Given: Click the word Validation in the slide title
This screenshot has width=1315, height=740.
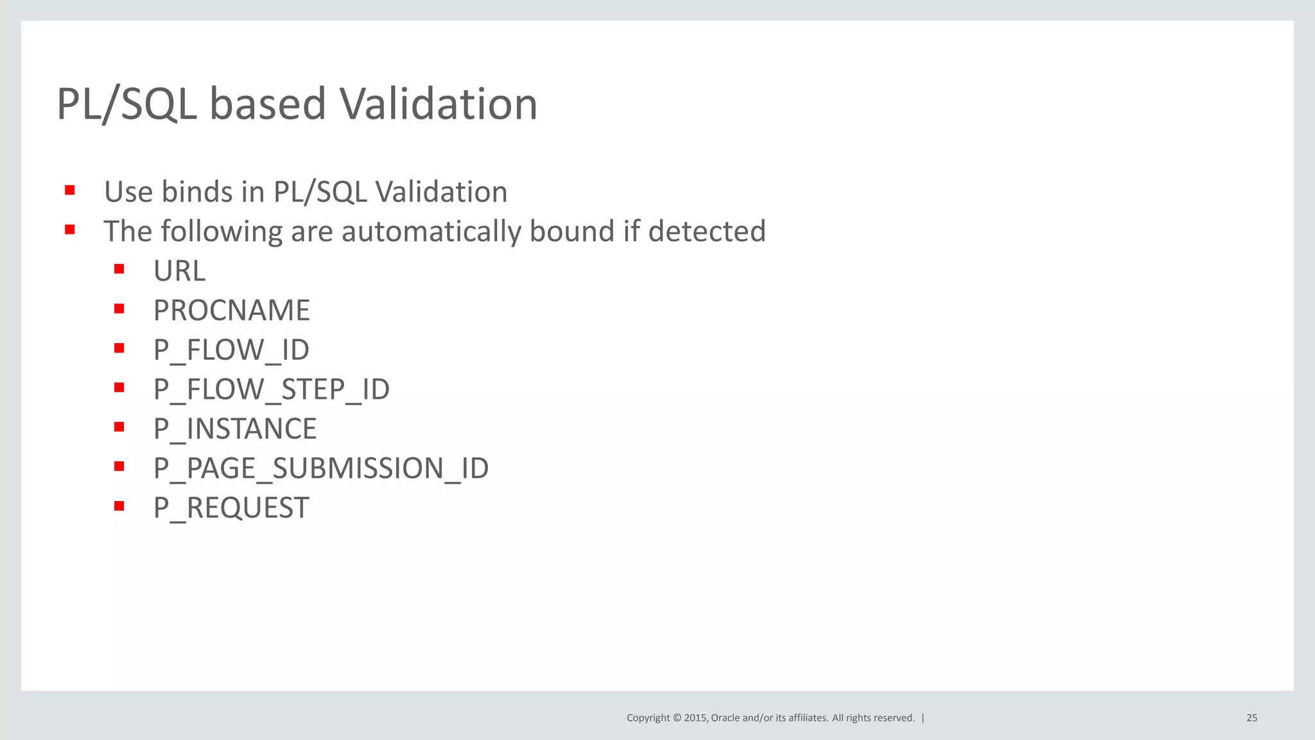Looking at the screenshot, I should pyautogui.click(x=438, y=104).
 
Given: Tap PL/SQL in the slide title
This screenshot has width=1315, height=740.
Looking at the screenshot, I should pyautogui.click(x=126, y=104).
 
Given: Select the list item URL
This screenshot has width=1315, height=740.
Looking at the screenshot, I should pyautogui.click(x=179, y=271).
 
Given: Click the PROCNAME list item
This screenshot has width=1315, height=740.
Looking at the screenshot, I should pyautogui.click(x=231, y=311).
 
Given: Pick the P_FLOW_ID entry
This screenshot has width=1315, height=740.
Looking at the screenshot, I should pyautogui.click(x=231, y=350).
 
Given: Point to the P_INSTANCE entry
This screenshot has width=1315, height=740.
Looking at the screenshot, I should pyautogui.click(x=234, y=429).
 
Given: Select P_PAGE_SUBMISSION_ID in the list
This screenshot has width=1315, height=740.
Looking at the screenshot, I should pyautogui.click(x=320, y=468).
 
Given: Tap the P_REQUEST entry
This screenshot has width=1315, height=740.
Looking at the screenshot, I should pyautogui.click(x=231, y=508).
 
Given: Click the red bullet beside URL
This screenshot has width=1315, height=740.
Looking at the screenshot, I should pyautogui.click(x=119, y=269).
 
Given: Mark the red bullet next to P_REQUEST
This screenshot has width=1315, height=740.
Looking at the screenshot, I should pyautogui.click(x=119, y=506).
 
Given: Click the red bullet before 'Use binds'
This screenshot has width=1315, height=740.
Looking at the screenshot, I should pyautogui.click(x=70, y=190).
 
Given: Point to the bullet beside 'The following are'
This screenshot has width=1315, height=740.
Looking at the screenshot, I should pyautogui.click(x=70, y=229).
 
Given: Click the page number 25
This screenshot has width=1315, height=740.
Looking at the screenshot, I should pyautogui.click(x=1251, y=718).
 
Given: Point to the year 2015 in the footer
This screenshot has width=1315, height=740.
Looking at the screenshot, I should pyautogui.click(x=695, y=718).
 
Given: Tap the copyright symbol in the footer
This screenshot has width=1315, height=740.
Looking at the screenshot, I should pyautogui.click(x=677, y=718).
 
